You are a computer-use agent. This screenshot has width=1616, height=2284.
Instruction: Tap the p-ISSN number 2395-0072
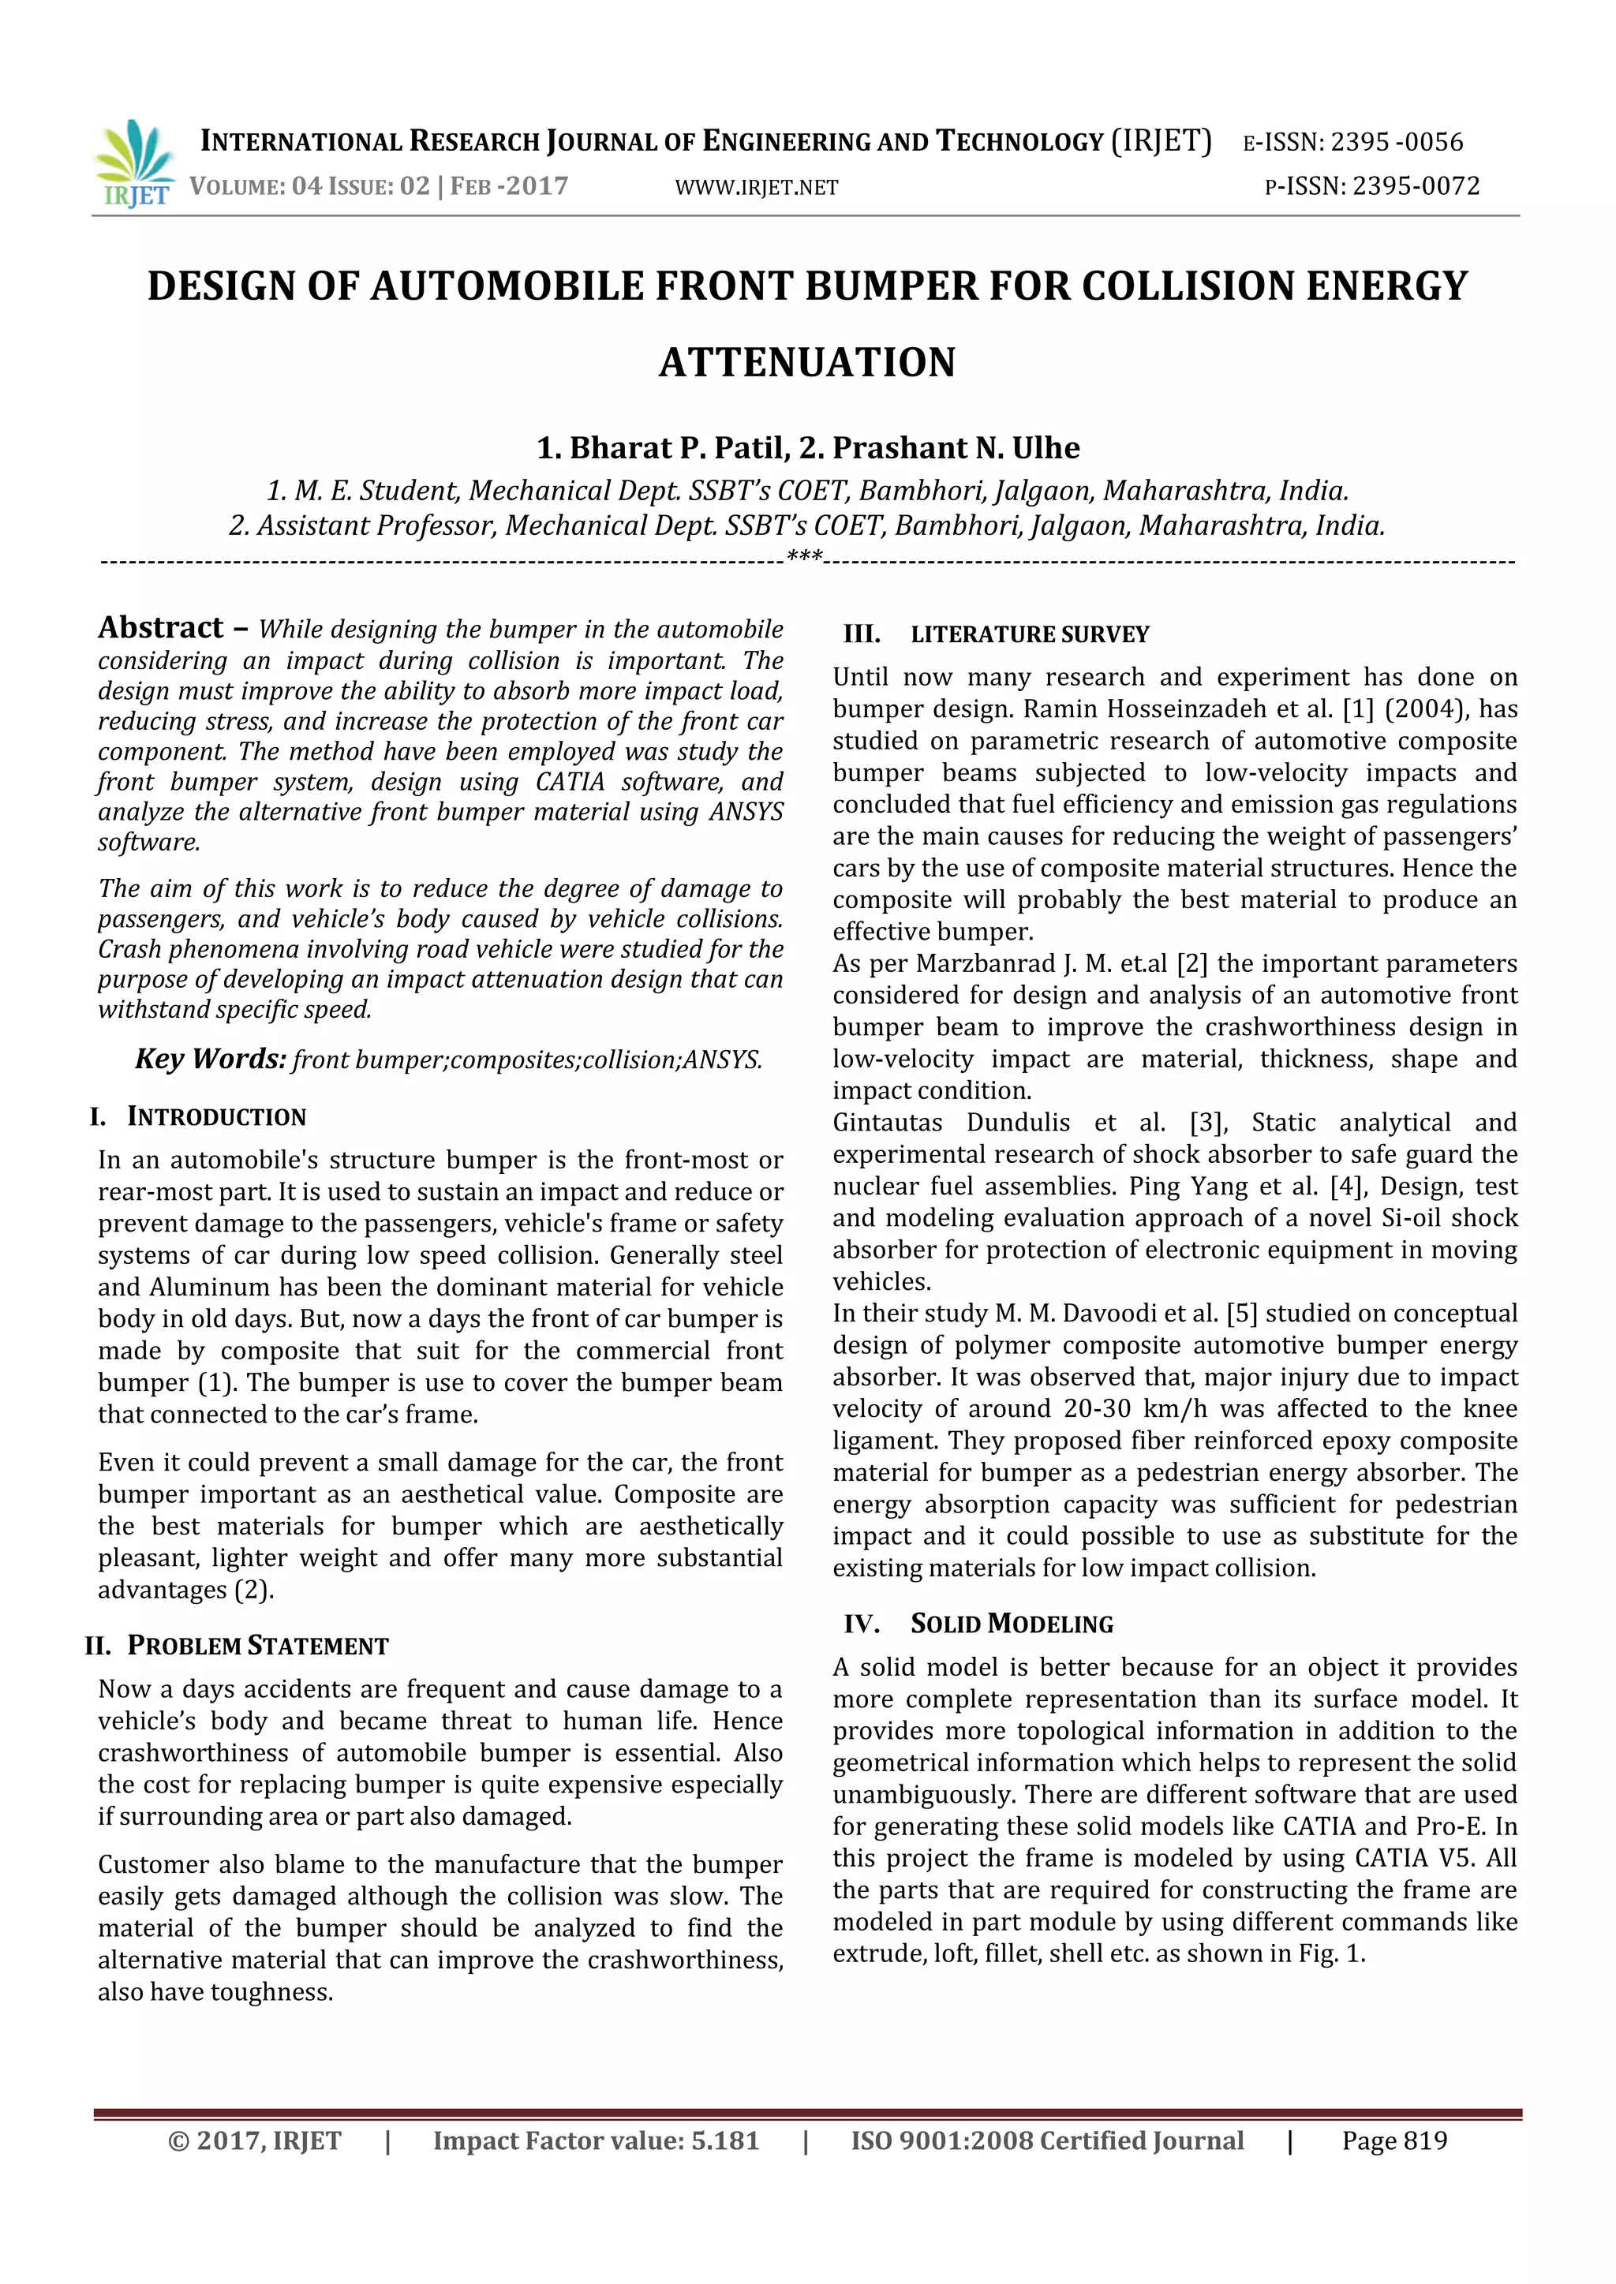[1415, 186]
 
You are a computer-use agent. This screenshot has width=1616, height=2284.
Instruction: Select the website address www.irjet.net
[756, 187]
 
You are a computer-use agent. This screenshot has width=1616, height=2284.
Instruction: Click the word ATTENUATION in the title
[807, 362]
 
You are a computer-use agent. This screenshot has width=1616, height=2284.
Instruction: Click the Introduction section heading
[216, 1116]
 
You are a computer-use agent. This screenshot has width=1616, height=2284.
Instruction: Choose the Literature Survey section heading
[1029, 634]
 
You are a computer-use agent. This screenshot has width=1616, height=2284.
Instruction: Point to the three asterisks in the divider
[804, 557]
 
